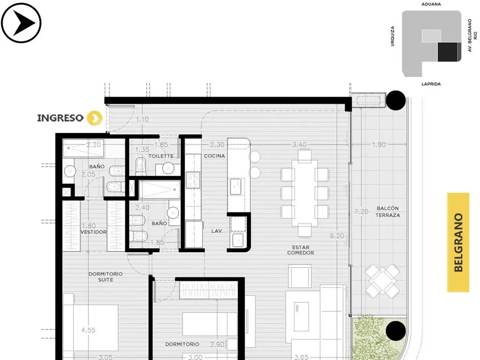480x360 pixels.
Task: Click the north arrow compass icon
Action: coord(21,22)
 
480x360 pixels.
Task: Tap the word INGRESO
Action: coord(60,118)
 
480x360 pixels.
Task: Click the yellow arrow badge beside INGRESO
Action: coord(95,118)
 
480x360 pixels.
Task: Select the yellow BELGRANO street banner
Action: coord(458,242)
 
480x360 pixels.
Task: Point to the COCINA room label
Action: coord(214,156)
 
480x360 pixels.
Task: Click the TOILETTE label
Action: coord(161,156)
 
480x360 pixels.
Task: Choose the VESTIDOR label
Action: coord(93,232)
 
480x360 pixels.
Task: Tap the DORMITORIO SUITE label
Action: coord(105,277)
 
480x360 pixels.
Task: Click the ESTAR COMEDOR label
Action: coord(300,250)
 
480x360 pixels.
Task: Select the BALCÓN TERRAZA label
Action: coord(388,211)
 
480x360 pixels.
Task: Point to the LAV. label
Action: coord(217,231)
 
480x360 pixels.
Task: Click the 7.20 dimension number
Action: coord(361,211)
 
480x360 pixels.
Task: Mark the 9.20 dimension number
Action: coord(337,236)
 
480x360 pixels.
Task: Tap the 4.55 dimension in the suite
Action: coord(88,330)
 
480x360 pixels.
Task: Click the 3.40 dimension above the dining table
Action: coord(300,144)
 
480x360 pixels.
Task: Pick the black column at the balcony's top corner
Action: coord(396,100)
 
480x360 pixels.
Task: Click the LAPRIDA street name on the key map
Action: coord(431,84)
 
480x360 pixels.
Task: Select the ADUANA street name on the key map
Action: coord(431,4)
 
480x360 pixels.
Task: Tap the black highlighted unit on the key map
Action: coord(449,52)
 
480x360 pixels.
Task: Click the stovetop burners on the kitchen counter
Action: coord(193,180)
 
